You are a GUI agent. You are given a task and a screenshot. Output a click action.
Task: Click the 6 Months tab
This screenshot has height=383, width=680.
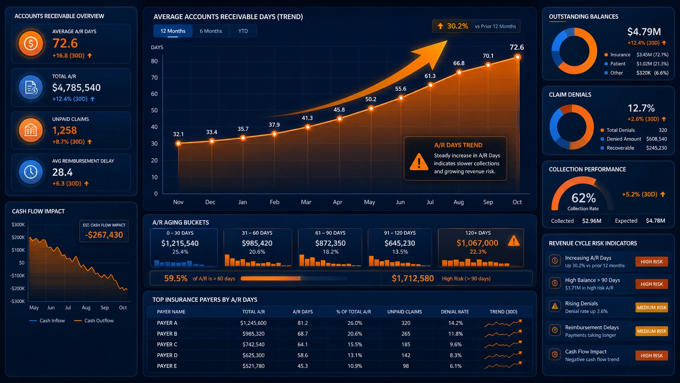tap(211, 31)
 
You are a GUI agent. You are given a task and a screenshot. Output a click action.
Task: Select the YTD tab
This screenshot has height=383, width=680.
tap(243, 31)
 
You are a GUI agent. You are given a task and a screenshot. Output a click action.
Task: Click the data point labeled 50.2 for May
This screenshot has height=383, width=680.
tap(371, 108)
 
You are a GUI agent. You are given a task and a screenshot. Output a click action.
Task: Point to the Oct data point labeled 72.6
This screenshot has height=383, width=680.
tap(518, 57)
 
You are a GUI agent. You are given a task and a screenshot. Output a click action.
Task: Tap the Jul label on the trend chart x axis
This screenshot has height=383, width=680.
tap(430, 202)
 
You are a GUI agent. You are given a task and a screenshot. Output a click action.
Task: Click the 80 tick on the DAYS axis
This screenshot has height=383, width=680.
tap(154, 61)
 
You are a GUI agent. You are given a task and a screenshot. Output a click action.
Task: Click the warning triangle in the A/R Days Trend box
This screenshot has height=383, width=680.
tap(419, 162)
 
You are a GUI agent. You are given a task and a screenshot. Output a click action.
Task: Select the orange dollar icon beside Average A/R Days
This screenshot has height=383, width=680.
tap(31, 44)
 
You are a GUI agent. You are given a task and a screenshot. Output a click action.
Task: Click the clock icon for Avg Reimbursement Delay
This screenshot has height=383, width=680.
tap(31, 172)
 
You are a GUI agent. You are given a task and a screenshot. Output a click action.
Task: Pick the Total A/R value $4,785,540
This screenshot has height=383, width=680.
tap(76, 88)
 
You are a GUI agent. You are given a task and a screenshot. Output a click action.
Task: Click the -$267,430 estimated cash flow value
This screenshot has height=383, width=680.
tap(104, 235)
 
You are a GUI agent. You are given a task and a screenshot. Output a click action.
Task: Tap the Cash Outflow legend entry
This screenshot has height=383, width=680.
tap(94, 321)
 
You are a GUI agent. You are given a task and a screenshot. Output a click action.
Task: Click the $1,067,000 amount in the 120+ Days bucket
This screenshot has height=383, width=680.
tap(477, 243)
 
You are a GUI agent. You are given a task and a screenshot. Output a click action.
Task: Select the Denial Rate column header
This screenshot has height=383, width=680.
tap(455, 312)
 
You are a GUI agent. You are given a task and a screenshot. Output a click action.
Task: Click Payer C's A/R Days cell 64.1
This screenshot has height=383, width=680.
tap(303, 344)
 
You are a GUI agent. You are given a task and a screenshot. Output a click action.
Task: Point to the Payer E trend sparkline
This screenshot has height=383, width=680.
tap(503, 365)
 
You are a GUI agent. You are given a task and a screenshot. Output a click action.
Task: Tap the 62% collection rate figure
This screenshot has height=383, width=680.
tap(584, 198)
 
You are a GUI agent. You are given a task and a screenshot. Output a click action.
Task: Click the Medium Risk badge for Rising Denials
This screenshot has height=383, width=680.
tap(652, 308)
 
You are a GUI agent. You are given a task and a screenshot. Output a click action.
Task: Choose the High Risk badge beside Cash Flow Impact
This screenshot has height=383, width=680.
tap(652, 355)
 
